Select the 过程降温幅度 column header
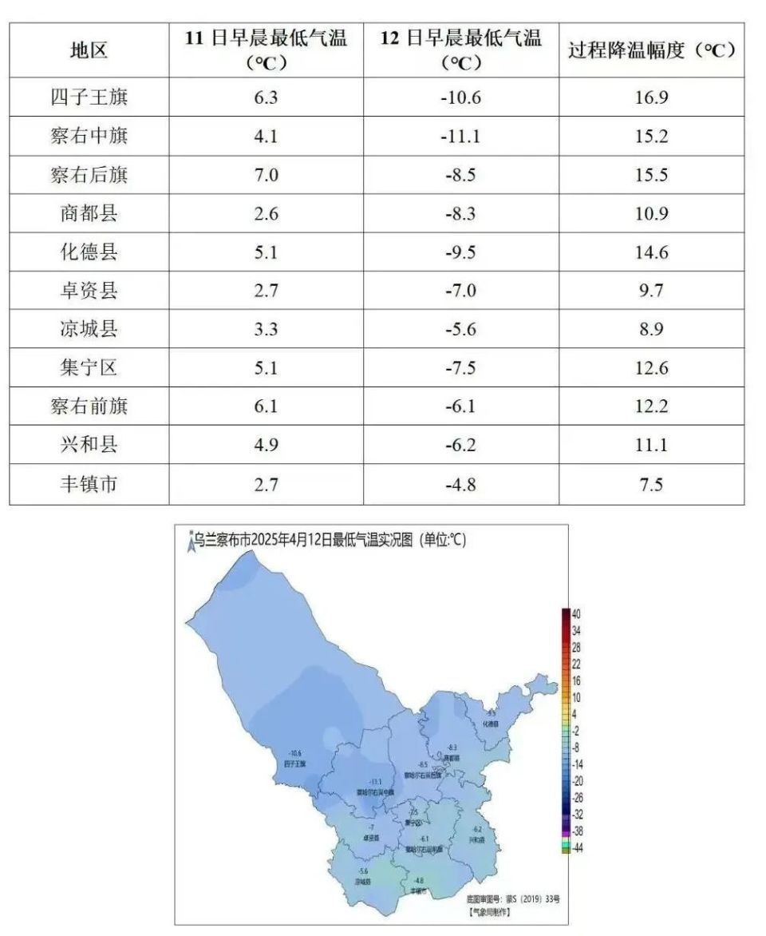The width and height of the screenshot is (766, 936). [x=651, y=50]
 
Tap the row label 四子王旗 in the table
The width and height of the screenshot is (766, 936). [x=89, y=97]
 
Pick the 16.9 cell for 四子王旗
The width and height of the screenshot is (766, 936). [x=651, y=97]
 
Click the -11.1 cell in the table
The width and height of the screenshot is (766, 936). [x=460, y=137]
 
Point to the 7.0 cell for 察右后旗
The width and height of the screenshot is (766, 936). [x=266, y=175]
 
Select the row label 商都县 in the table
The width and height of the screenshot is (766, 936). [x=89, y=214]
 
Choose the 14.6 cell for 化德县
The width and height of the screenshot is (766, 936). [x=651, y=252]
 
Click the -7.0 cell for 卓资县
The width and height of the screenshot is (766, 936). [x=460, y=291]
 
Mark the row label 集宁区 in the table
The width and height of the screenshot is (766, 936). [x=89, y=368]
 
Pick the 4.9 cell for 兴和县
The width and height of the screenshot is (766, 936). [x=266, y=446]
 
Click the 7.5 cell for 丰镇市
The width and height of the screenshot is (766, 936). [x=651, y=484]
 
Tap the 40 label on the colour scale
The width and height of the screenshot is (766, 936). [x=577, y=613]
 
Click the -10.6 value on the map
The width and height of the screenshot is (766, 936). [x=295, y=753]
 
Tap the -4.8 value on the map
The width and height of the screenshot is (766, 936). [x=418, y=880]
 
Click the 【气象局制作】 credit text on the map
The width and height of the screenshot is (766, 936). [x=489, y=910]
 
